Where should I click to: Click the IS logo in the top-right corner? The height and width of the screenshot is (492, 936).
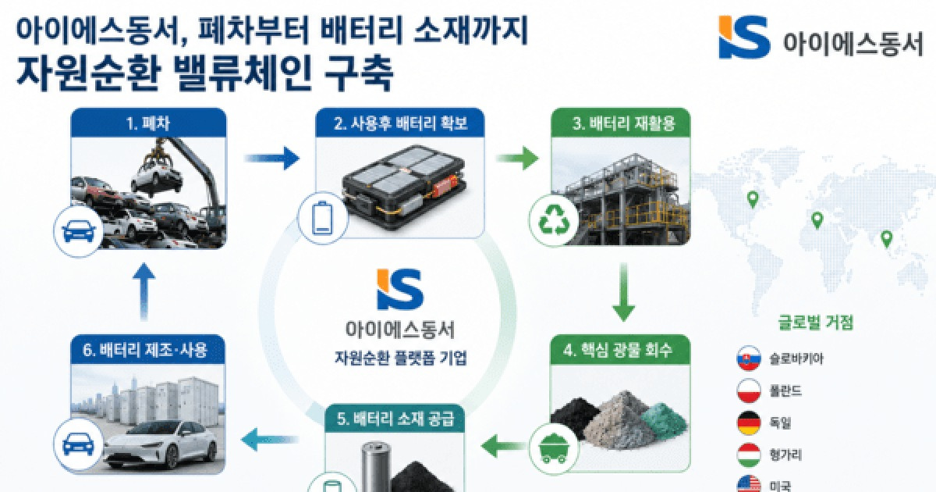744,37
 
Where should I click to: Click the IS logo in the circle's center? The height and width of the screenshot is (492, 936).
400,289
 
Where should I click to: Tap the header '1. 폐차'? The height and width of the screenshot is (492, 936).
148,123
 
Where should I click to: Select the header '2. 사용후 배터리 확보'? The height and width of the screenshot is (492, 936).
400,123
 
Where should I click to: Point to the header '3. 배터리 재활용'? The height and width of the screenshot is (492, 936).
623,123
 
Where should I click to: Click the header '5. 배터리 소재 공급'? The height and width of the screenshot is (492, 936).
395,419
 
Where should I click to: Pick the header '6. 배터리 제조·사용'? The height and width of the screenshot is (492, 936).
145,350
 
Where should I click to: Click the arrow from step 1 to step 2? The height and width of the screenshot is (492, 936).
272,158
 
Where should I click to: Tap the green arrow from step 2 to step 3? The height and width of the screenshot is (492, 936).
517,158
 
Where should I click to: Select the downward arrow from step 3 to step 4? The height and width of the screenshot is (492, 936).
623,292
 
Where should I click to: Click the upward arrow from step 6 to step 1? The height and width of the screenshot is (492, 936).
144,291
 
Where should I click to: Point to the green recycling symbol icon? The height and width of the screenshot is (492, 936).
555,220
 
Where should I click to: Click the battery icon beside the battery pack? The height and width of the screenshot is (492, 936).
323,218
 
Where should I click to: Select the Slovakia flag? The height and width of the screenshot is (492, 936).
748,358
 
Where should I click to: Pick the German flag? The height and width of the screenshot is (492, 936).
748,423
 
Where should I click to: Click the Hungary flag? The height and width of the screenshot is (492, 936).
748,455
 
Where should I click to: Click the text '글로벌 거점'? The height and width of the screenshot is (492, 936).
815,323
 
